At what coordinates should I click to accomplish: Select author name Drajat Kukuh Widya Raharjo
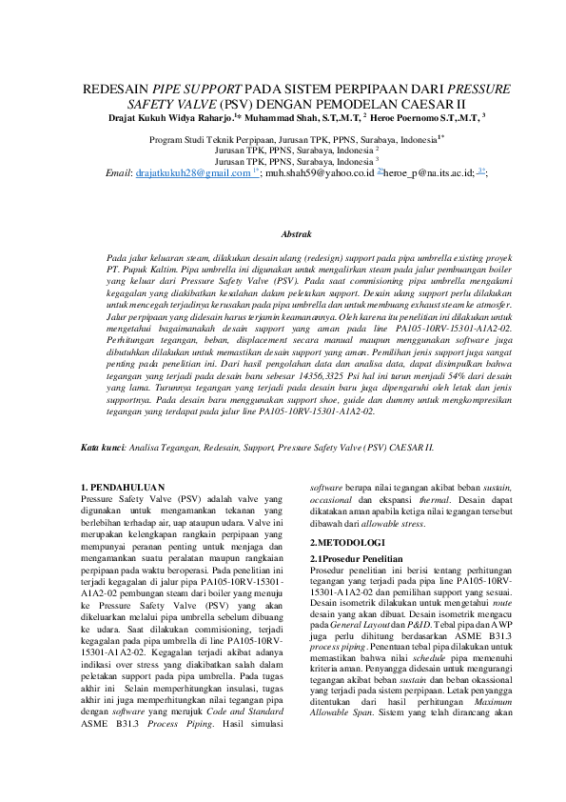tap(166, 117)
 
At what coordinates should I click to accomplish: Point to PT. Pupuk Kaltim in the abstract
tap(134, 271)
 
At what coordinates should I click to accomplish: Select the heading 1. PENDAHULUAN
tap(124, 487)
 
